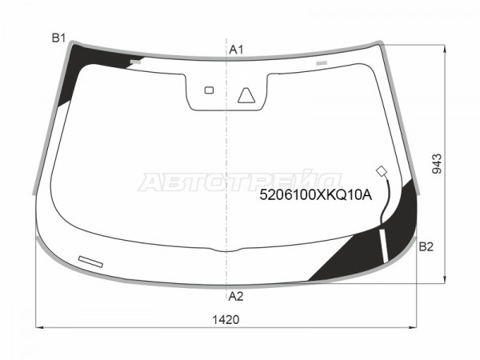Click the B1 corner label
(58, 38)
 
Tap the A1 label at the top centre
(236, 50)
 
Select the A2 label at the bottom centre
(236, 296)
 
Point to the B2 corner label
(426, 246)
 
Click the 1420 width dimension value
(226, 320)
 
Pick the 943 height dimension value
(437, 164)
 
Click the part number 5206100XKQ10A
(316, 194)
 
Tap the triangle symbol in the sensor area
(246, 95)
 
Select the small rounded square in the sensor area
(209, 90)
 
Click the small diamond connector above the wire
(382, 171)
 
